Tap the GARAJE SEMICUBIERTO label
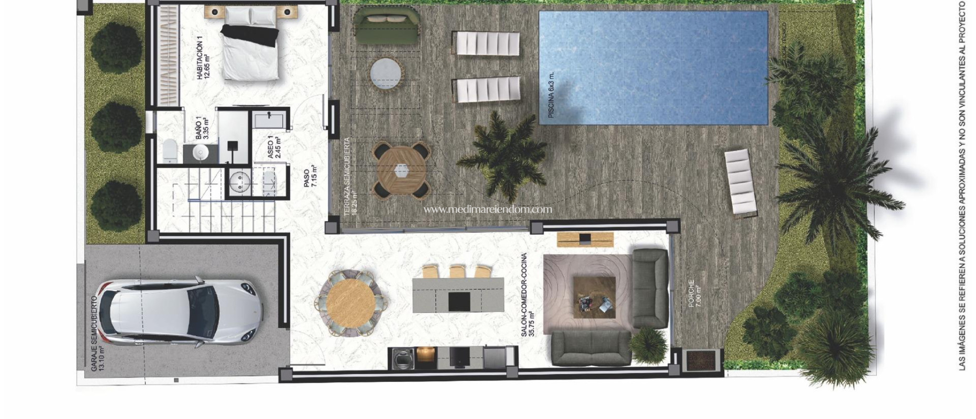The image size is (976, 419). click(97, 333)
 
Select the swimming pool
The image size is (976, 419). click(653, 68)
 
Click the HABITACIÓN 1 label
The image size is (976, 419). click(203, 60)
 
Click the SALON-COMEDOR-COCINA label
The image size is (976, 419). click(528, 295)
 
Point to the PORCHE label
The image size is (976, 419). click(694, 292)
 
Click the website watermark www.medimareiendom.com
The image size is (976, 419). click(488, 209)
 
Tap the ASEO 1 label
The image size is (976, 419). click(274, 147)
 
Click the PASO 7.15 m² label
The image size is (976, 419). click(310, 176)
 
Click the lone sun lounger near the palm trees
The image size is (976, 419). click(740, 182)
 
